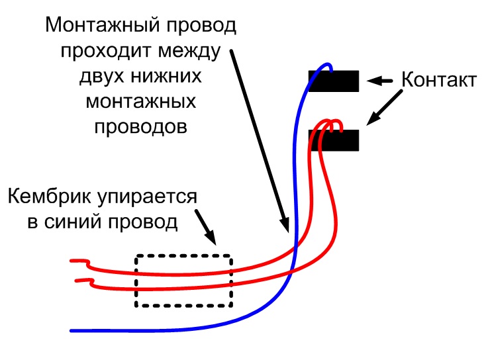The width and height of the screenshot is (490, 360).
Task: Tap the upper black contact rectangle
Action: pyautogui.click(x=334, y=81)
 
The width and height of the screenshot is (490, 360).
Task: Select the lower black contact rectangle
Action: pyautogui.click(x=334, y=140)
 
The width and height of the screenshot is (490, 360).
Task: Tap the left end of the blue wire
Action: pyautogui.click(x=73, y=330)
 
